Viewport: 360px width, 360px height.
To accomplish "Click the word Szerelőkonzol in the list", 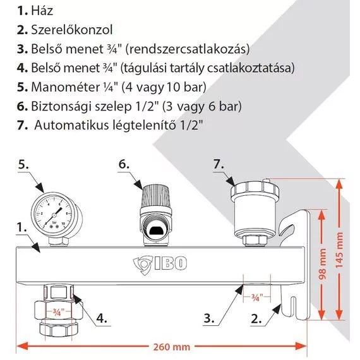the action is coord(72,30).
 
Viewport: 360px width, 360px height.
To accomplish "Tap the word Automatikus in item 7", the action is coord(71,125).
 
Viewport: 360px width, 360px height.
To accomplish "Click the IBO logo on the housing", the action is coord(160,264).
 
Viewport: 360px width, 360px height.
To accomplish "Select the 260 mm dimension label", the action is coord(172,347).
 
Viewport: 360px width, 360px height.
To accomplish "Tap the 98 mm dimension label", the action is coord(323,264).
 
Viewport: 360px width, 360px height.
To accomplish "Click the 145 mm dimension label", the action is coord(339,250).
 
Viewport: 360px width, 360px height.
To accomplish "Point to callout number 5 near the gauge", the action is coord(23,165).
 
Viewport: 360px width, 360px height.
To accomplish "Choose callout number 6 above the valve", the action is coord(124,164).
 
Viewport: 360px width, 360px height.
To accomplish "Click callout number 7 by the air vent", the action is coord(219,164).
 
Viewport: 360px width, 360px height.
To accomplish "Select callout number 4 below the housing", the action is coord(102,318).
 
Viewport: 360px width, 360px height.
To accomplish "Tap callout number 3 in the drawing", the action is coord(209,318).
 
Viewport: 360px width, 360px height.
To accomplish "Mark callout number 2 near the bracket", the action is coord(256,319).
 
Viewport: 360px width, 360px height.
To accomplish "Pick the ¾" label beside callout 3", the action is coord(256,297).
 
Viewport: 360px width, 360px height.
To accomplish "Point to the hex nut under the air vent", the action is coord(255,241).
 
